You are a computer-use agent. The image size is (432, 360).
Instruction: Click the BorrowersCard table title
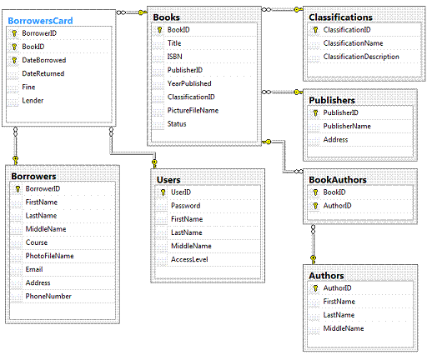[40, 21]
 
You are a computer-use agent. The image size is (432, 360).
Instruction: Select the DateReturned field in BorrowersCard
[43, 73]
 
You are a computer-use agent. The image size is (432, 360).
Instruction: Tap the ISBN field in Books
[174, 57]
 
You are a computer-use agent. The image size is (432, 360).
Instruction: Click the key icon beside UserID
[163, 192]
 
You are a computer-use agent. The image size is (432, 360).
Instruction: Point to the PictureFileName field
[193, 111]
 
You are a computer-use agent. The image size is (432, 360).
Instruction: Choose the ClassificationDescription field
[361, 57]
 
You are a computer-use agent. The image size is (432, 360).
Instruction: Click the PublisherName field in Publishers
[347, 127]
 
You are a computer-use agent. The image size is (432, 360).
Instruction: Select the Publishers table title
[332, 100]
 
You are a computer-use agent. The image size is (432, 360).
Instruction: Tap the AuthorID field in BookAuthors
[337, 206]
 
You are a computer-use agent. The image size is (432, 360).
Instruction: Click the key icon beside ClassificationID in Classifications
[315, 30]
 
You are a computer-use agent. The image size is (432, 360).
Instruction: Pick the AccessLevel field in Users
[189, 259]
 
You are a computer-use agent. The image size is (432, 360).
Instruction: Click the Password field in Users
[185, 206]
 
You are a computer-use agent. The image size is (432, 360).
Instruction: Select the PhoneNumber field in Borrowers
[48, 297]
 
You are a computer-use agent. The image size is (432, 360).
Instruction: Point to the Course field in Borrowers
[37, 242]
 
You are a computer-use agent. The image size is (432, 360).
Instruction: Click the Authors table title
[326, 276]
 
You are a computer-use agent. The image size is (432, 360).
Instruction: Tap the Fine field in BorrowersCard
[28, 87]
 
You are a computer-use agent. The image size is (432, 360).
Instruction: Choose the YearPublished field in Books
[189, 83]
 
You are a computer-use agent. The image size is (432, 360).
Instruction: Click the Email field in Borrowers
[34, 269]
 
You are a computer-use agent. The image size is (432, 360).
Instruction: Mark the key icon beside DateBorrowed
[14, 60]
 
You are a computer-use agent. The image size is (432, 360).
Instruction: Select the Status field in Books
[177, 124]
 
